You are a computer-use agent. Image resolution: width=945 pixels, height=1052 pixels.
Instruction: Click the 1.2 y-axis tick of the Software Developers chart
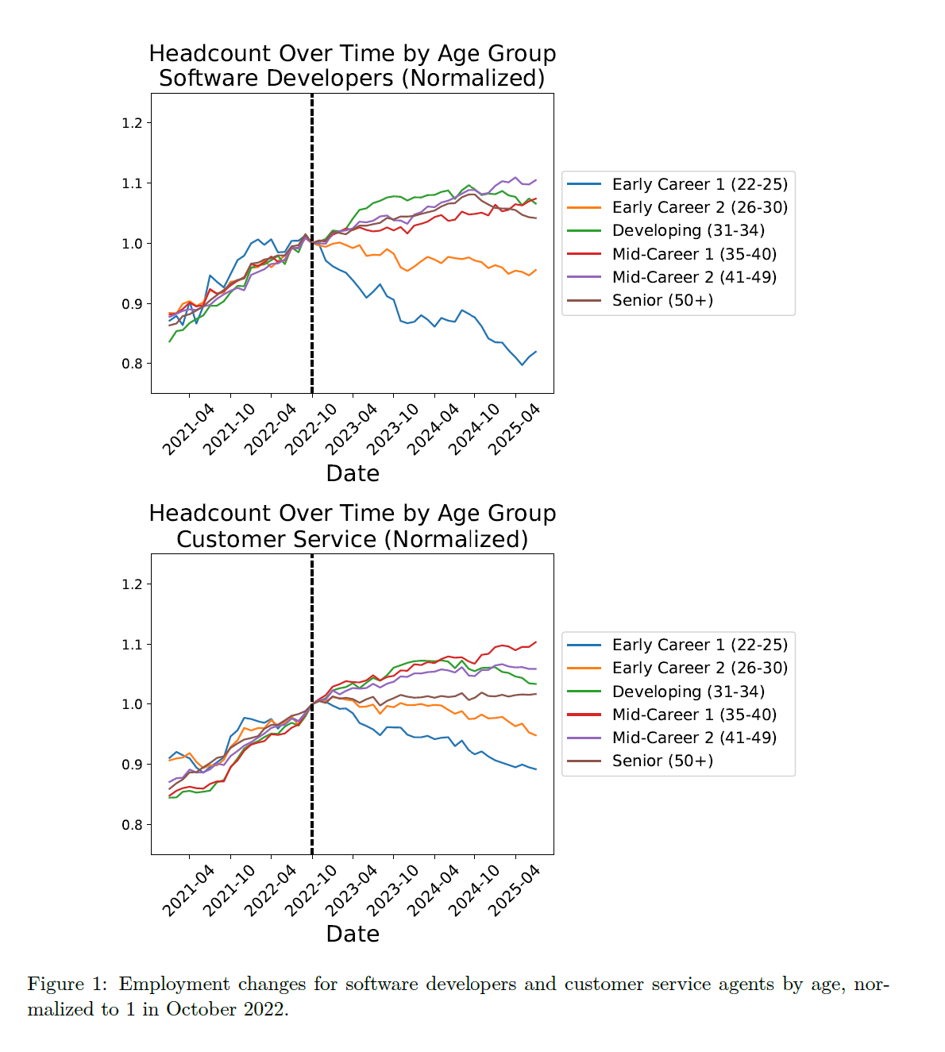[132, 123]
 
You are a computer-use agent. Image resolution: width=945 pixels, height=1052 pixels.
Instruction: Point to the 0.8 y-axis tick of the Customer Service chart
[132, 825]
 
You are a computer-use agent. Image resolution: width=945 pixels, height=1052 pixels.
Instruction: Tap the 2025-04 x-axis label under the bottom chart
[515, 890]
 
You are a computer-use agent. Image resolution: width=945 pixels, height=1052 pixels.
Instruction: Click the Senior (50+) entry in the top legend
[662, 300]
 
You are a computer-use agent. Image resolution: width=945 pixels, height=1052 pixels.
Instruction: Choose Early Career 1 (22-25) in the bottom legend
[700, 645]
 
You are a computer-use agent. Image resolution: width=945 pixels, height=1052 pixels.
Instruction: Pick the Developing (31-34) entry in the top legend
[688, 230]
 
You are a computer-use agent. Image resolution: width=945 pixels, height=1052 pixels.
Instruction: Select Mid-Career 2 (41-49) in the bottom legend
[694, 738]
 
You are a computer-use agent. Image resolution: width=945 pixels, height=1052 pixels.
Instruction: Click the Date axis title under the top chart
[353, 473]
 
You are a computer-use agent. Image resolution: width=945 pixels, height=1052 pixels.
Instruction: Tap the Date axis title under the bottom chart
[353, 934]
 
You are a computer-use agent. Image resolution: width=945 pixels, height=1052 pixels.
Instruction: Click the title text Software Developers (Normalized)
[352, 79]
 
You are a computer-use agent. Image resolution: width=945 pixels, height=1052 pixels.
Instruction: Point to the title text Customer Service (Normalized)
[352, 539]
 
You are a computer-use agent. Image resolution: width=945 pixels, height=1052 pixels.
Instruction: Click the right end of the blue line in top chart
[535, 352]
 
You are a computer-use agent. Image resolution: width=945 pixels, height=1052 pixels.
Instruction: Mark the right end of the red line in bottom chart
[535, 642]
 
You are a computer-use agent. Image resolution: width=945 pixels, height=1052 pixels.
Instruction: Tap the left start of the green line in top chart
[170, 341]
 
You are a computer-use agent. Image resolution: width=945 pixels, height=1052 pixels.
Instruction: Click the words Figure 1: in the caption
[67, 985]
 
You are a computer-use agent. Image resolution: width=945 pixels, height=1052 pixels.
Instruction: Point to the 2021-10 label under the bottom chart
[229, 890]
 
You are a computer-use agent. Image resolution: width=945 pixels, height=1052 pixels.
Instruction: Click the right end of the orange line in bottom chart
[535, 735]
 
